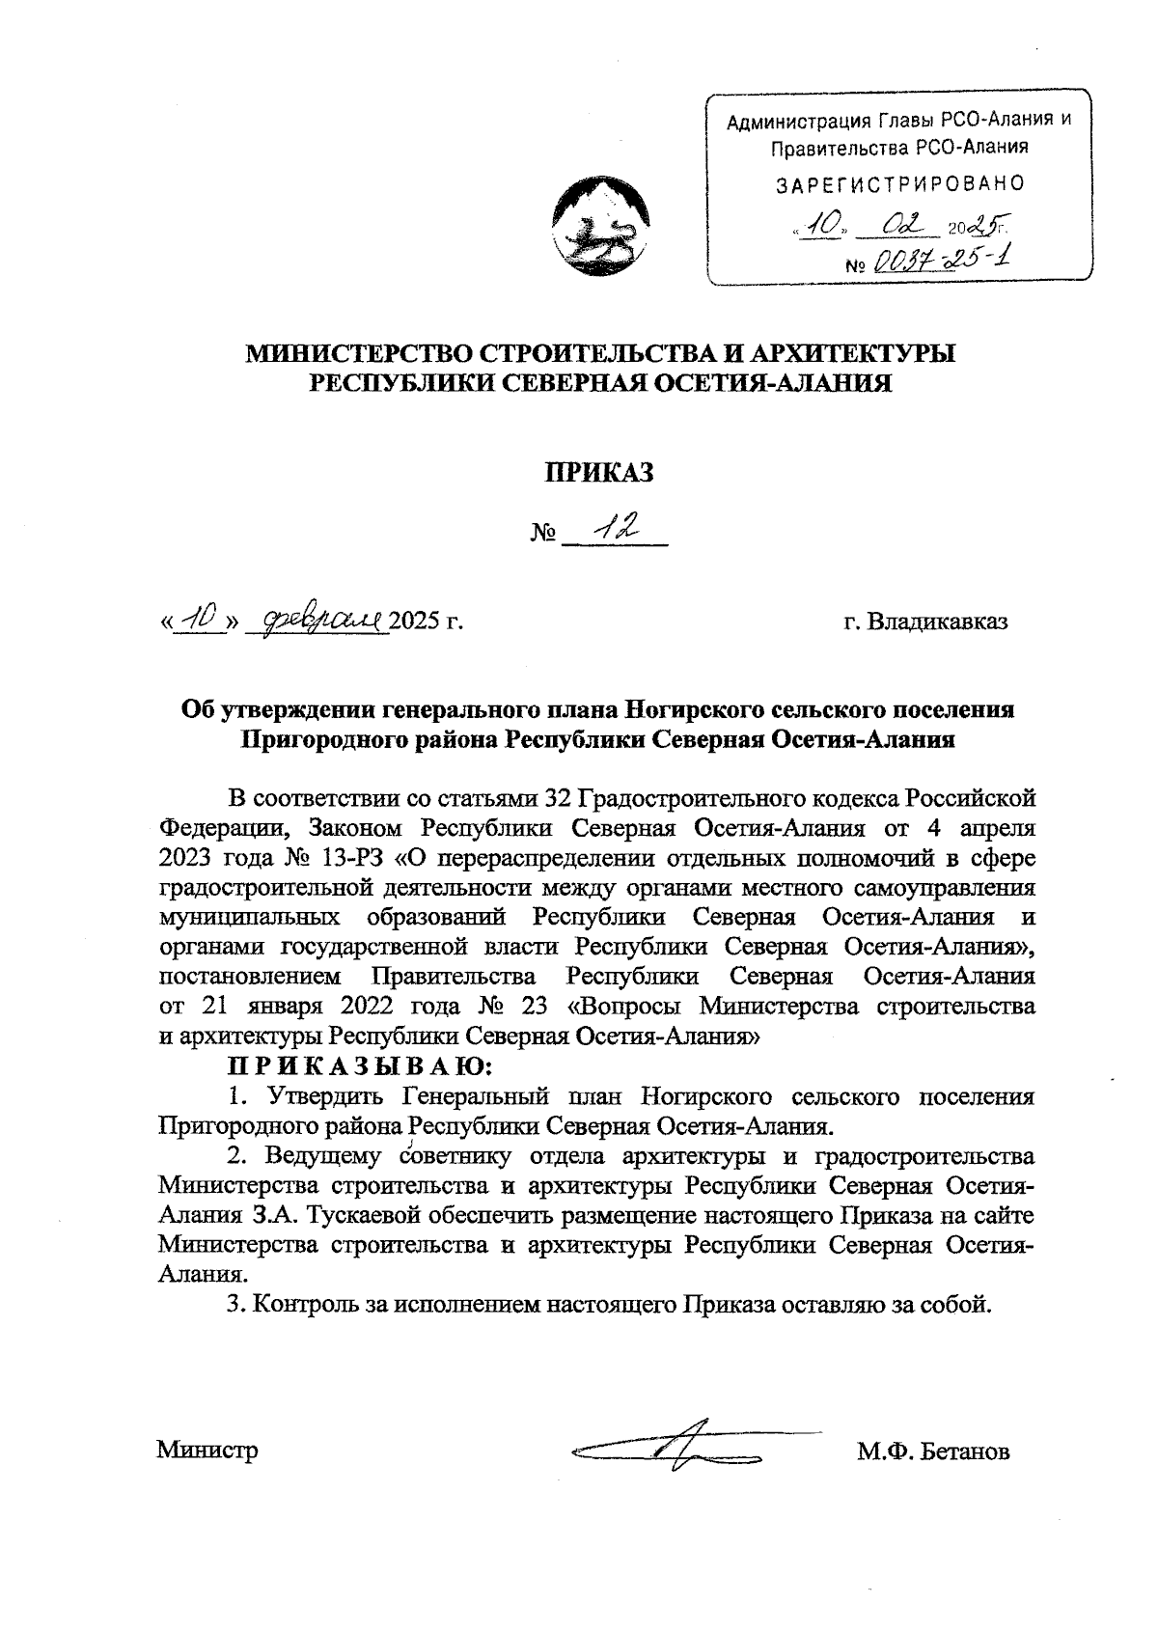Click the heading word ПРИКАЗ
pos(599,473)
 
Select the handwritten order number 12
pos(616,526)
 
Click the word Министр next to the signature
pos(207,1451)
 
